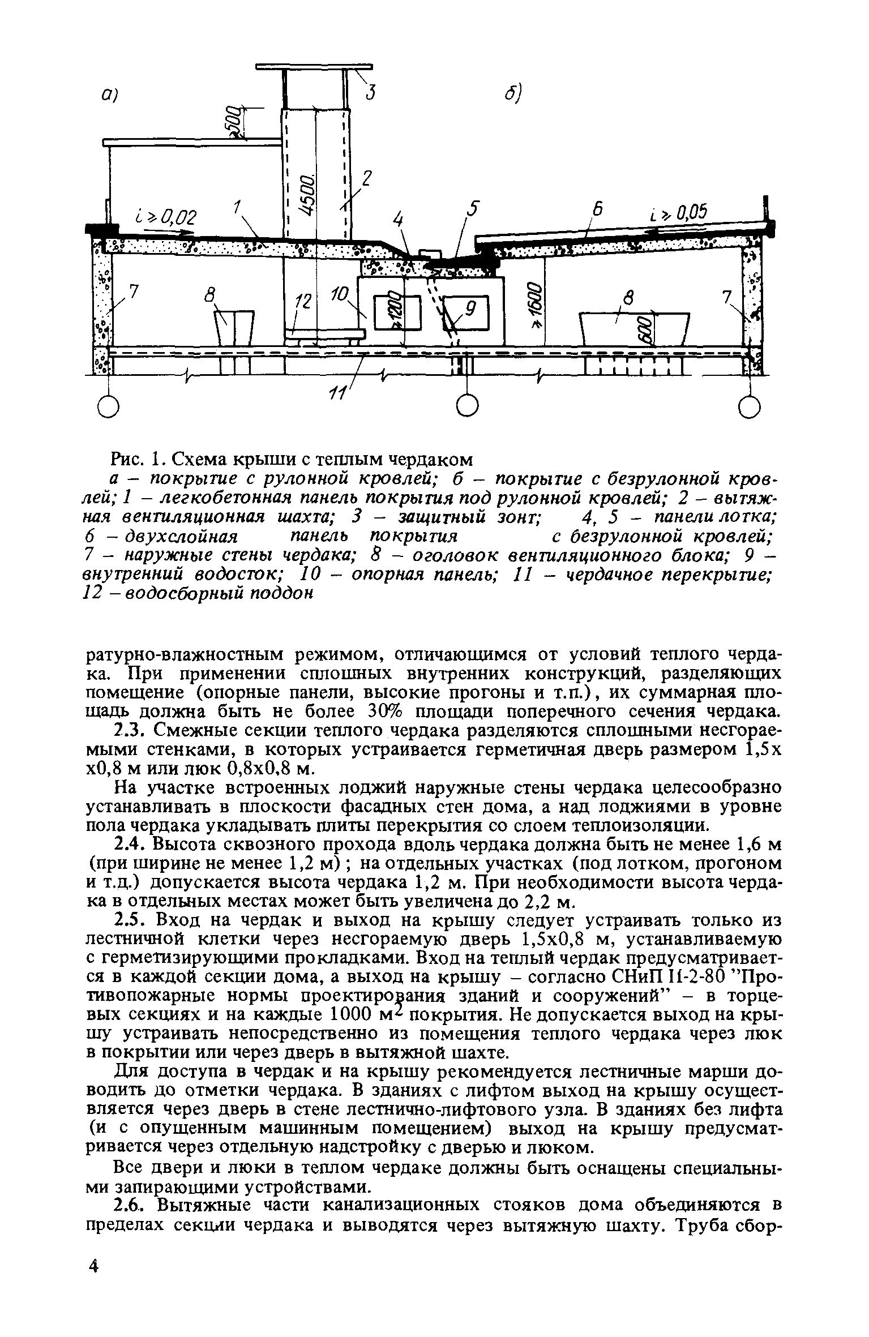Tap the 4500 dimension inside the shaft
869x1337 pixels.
(x=308, y=196)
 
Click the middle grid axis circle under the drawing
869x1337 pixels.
(x=467, y=406)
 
